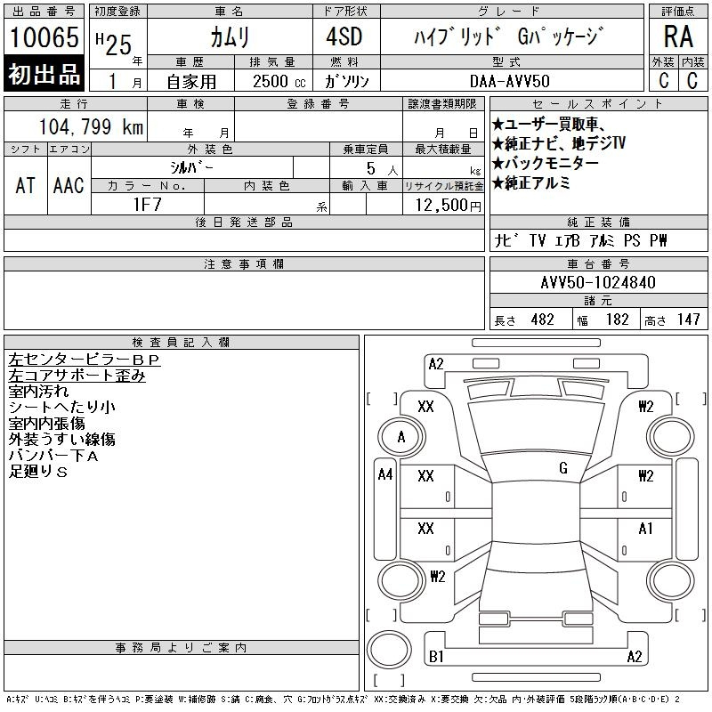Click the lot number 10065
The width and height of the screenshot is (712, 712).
click(44, 37)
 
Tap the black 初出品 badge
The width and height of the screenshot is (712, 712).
click(44, 75)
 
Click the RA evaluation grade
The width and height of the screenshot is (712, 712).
click(677, 37)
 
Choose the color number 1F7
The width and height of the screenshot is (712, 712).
click(146, 204)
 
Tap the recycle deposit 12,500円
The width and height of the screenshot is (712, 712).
click(442, 205)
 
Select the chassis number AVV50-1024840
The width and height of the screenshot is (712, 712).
click(597, 283)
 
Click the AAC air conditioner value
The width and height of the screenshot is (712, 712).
click(69, 185)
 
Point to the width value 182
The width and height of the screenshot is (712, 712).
click(616, 320)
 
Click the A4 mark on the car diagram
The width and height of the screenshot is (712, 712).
click(385, 474)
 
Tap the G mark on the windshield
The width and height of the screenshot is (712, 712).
click(563, 468)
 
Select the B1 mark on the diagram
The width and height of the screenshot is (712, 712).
click(436, 657)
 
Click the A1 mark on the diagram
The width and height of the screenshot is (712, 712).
click(646, 528)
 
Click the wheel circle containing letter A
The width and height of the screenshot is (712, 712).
click(401, 437)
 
